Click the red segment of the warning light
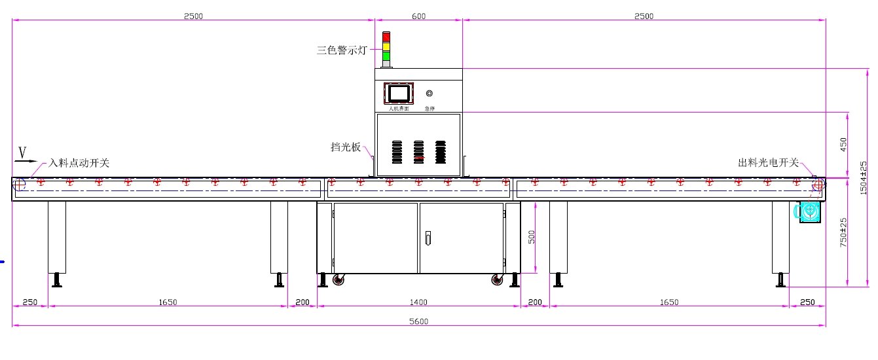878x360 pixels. point(386,37)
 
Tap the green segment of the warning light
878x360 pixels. point(386,56)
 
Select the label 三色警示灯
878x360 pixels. point(341,50)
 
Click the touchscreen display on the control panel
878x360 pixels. point(398,92)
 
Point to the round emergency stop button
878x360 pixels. point(429,94)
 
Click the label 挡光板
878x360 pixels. point(346,147)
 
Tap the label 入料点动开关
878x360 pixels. point(79,163)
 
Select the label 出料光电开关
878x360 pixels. point(768,163)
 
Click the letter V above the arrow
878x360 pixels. point(22,152)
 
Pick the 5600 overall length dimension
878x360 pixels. point(419,321)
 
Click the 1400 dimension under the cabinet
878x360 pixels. point(418,302)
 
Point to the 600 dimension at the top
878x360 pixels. point(418,16)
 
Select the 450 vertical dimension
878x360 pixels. point(843,144)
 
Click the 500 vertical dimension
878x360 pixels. point(532,236)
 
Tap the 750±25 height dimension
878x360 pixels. point(844,231)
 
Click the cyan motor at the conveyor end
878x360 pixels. point(809,211)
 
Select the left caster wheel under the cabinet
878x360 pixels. point(338,280)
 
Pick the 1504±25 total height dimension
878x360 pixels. point(864,177)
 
